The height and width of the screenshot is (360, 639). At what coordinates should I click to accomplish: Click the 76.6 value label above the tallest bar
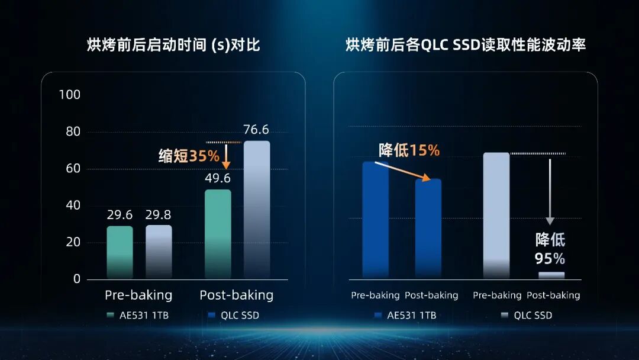(256, 130)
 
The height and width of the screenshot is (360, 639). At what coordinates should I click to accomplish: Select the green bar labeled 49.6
(218, 234)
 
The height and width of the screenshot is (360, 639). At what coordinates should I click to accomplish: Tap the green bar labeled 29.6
(120, 252)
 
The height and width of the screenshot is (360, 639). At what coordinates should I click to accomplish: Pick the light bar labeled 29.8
(159, 252)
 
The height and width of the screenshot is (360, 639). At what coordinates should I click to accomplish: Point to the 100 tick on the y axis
(70, 95)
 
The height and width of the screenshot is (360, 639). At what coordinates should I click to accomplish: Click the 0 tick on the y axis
(76, 279)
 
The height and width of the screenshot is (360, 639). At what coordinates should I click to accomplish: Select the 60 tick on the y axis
(73, 168)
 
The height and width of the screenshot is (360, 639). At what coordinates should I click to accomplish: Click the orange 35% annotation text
(204, 156)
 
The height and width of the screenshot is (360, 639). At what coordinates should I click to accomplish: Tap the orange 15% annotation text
(424, 150)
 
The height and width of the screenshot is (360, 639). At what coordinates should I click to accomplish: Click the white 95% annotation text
(550, 259)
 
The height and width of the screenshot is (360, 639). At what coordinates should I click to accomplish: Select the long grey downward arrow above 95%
(550, 192)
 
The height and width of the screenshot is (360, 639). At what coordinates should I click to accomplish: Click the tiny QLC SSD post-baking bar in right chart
(551, 275)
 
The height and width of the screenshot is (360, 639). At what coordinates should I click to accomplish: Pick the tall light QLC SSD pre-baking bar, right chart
(496, 216)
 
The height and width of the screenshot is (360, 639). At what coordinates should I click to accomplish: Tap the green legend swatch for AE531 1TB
(110, 315)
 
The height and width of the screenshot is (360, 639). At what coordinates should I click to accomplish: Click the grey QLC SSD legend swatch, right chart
(505, 315)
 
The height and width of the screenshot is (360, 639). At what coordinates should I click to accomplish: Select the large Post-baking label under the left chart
(236, 295)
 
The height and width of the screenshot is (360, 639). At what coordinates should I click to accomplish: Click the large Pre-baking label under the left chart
(138, 295)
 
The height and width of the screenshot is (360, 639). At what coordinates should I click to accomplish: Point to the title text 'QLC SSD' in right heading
(450, 45)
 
